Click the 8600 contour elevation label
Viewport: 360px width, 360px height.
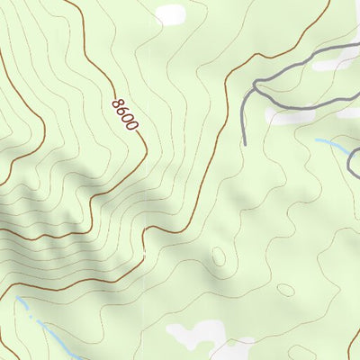point(124,114)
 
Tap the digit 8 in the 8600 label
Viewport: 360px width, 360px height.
point(116,103)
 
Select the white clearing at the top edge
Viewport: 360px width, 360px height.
point(168,14)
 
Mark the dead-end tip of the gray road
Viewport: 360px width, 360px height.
point(245,141)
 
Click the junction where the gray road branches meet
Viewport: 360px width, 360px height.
point(256,87)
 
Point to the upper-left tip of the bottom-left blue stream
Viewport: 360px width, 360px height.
point(17,298)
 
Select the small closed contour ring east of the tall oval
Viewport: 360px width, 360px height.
point(284,290)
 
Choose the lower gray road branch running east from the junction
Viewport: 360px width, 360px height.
point(306,107)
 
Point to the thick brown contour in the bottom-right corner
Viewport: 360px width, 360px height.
point(354,342)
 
